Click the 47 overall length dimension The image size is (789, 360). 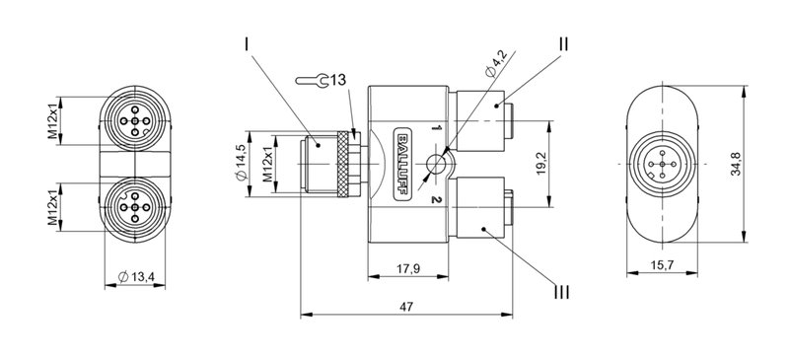[406, 308]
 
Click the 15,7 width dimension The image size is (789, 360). [664, 265]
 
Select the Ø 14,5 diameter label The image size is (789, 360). [242, 163]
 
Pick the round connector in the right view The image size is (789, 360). [663, 163]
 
